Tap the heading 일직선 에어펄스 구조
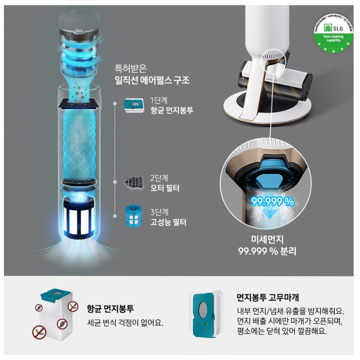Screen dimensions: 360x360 click(x=152, y=80)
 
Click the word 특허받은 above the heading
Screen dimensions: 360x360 click(x=130, y=68)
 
